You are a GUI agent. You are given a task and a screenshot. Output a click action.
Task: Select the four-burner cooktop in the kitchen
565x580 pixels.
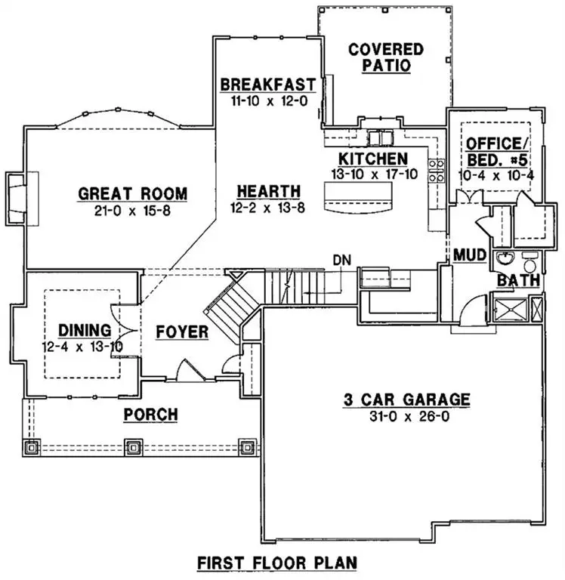[436, 171]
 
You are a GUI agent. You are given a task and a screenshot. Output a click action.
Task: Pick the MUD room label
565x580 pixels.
[464, 255]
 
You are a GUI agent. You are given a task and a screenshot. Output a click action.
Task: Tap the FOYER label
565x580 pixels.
[182, 332]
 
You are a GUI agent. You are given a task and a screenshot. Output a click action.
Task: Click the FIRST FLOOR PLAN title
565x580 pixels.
[276, 563]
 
